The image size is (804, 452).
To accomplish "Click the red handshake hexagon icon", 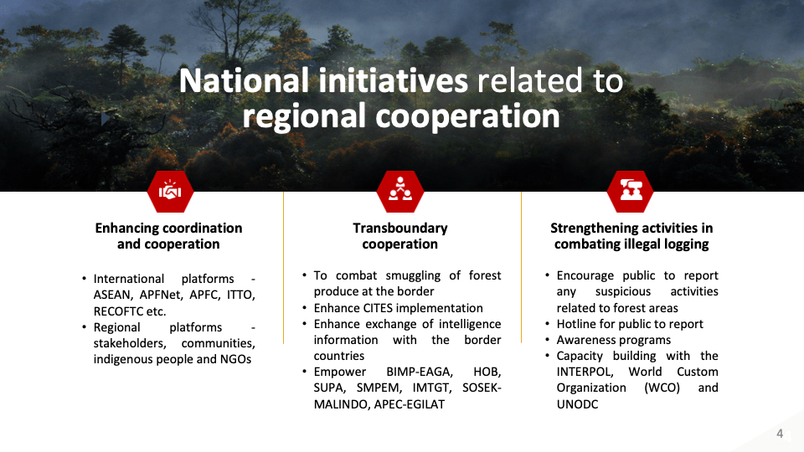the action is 170,192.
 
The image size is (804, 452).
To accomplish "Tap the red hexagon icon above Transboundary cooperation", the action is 400,192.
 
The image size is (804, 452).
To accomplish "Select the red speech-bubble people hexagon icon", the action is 630,192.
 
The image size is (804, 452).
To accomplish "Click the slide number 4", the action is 780,434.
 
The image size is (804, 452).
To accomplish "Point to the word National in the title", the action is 244,81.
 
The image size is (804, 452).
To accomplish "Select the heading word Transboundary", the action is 400,228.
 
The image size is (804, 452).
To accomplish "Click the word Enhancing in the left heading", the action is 126,229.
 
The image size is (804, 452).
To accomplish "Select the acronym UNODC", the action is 577,404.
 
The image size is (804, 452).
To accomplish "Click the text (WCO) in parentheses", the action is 662,388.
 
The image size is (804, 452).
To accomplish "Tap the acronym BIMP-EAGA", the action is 420,372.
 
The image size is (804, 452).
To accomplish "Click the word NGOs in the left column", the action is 236,359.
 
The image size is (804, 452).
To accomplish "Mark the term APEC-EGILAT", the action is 410,404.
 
